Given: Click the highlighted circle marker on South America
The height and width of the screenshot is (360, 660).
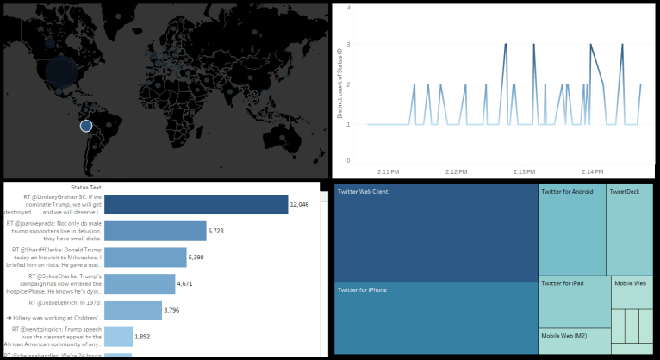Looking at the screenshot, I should [86, 127].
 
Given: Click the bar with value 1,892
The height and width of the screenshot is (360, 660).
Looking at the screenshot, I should [120, 336].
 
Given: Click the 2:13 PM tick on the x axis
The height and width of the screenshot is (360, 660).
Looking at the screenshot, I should [527, 171].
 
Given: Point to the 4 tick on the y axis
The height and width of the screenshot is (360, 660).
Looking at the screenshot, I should [348, 8].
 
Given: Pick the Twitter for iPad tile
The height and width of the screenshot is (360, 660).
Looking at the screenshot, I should [574, 302].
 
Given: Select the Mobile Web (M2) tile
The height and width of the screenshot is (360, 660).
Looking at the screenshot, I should [574, 341].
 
